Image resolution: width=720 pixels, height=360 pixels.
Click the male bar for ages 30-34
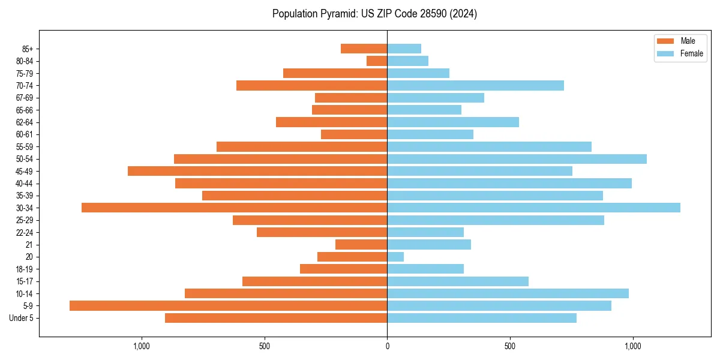click(234, 208)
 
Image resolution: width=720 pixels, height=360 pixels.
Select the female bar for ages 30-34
click(533, 208)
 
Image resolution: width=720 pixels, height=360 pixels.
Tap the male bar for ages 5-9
click(228, 305)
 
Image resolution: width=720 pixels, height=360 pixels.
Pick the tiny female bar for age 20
click(395, 257)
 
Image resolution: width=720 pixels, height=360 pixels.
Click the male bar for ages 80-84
click(377, 61)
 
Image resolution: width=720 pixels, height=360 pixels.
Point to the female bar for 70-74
click(475, 85)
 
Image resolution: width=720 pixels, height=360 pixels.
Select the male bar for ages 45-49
click(257, 171)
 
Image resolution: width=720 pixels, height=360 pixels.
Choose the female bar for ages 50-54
click(517, 159)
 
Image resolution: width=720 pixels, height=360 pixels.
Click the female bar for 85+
click(404, 49)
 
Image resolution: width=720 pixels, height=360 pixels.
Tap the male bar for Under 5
click(276, 318)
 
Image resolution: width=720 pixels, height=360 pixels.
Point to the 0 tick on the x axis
click(387, 346)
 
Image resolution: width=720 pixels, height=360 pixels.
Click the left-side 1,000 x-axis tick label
click(142, 346)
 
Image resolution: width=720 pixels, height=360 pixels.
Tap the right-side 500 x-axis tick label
click(510, 346)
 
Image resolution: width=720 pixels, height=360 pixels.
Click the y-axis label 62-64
click(25, 122)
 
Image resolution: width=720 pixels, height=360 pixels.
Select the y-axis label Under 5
click(22, 318)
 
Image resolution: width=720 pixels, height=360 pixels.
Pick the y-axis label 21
click(29, 245)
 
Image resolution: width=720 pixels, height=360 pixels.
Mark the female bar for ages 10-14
click(508, 293)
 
